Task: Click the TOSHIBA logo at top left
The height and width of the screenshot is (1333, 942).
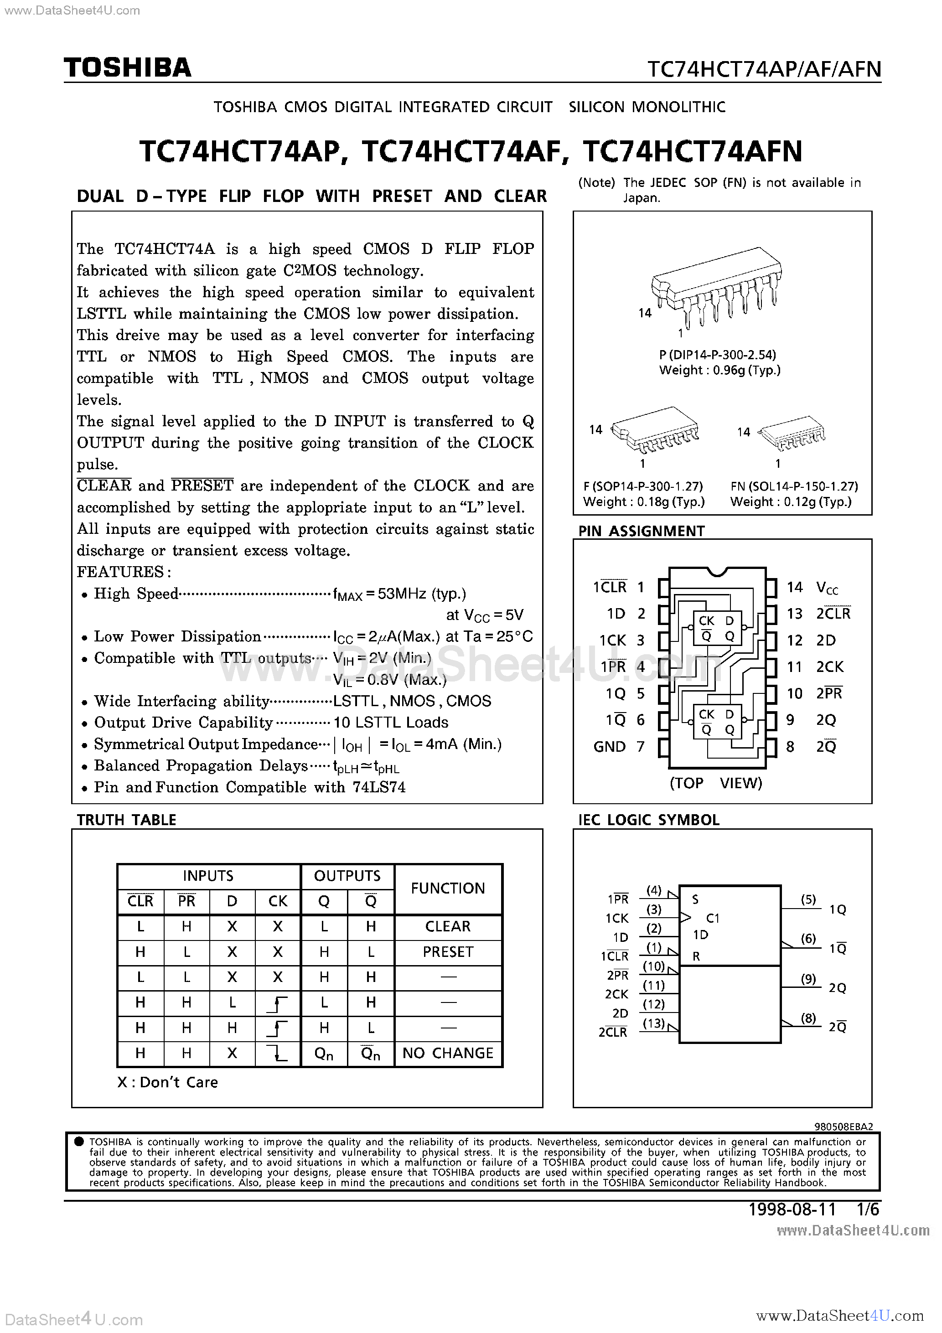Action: coord(127,68)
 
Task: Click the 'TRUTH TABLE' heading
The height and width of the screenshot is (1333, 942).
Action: coord(127,820)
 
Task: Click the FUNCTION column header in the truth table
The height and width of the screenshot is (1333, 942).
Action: coord(448,888)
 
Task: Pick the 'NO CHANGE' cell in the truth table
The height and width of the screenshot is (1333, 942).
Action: coord(448,1053)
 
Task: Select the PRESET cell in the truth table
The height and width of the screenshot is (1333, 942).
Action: coord(448,952)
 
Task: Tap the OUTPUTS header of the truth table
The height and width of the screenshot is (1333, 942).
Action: coord(347,876)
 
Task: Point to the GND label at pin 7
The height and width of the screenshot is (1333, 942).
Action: coord(609,747)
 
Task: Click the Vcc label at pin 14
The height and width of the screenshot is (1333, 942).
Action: coord(827,588)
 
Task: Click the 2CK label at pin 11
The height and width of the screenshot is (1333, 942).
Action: coord(830,667)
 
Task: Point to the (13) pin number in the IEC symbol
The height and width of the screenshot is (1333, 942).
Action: coord(653,1023)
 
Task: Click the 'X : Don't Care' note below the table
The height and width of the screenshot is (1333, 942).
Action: coord(167,1082)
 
